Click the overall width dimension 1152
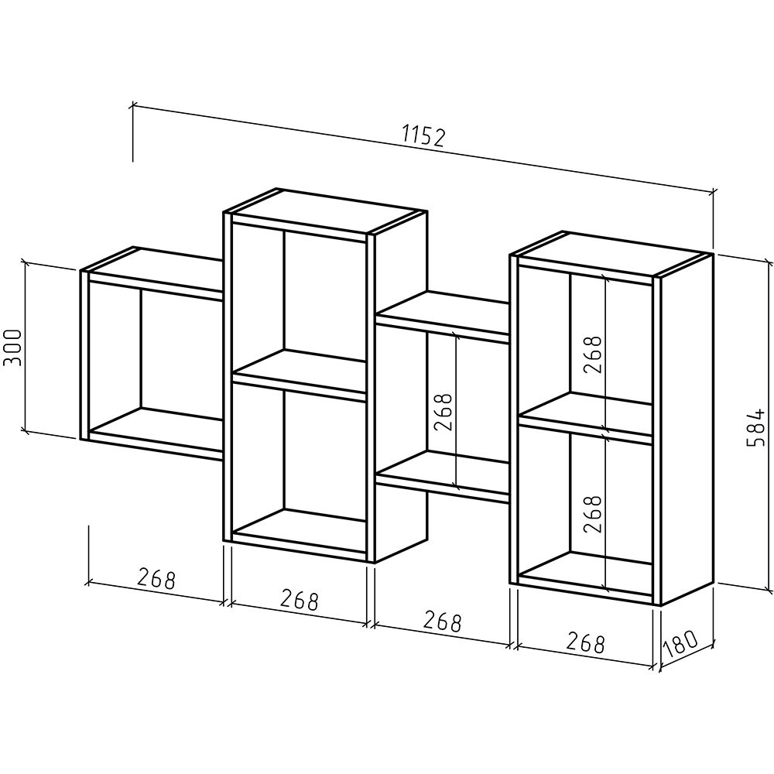[424, 136]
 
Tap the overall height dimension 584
[755, 427]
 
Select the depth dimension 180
[680, 644]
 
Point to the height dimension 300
[13, 347]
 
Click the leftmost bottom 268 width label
[156, 578]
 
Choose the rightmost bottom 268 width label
[585, 642]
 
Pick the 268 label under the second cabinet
[300, 599]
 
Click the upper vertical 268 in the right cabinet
[592, 355]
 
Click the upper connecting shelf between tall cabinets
[443, 313]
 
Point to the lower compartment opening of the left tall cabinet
[299, 469]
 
